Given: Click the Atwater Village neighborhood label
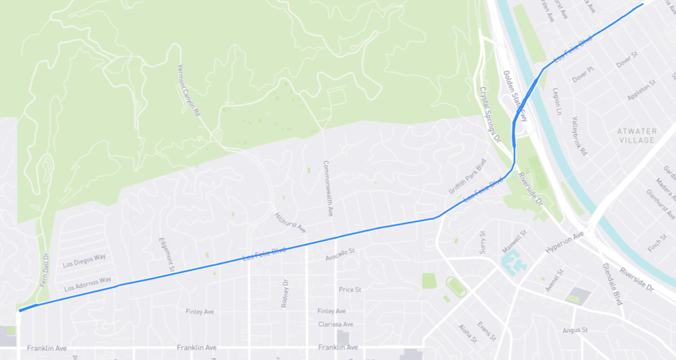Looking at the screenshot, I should pos(637,135).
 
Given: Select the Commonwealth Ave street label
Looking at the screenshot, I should pos(327,189).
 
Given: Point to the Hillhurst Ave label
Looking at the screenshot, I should pos(290,223).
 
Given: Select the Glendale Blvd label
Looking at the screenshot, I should pos(613,283).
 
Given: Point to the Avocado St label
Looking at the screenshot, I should pos(340,252).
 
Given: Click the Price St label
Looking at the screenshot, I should pos(349,289).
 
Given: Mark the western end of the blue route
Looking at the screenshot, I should pos(20,310).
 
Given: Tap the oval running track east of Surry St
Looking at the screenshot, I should pos(456,287).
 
